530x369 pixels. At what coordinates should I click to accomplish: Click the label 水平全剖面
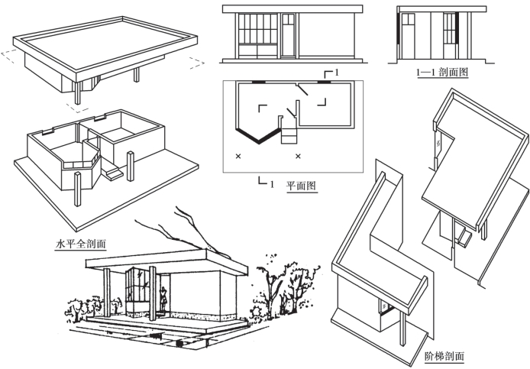(x=80, y=245)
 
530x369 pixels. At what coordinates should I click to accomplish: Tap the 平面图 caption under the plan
(x=301, y=186)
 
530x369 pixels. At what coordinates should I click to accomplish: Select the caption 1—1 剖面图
(x=441, y=73)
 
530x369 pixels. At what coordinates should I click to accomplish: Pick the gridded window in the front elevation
(x=256, y=36)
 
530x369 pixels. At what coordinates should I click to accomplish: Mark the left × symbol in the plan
(x=238, y=157)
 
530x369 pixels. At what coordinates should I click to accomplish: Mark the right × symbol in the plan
(x=298, y=157)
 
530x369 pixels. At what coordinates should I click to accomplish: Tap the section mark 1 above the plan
(x=336, y=71)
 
